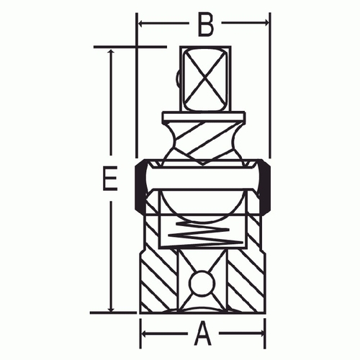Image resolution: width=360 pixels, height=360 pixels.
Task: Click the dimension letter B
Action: pyautogui.click(x=205, y=25)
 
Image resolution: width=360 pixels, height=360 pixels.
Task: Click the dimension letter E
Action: pyautogui.click(x=110, y=179)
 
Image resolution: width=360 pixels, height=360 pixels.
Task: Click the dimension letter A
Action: pyautogui.click(x=203, y=333)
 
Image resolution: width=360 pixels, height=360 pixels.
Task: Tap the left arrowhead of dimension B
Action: pyautogui.click(x=141, y=24)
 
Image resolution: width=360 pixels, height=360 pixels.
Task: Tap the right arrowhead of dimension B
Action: pyautogui.click(x=266, y=23)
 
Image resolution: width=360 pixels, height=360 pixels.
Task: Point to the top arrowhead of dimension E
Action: pyautogui.click(x=111, y=53)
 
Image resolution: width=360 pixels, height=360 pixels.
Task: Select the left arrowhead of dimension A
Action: pyautogui.click(x=145, y=333)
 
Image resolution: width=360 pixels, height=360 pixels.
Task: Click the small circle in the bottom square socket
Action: pyautogui.click(x=202, y=283)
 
